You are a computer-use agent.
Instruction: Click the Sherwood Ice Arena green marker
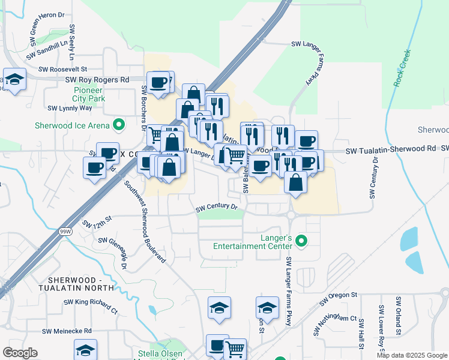(x=119, y=125)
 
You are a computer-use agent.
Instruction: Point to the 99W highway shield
(x=64, y=231)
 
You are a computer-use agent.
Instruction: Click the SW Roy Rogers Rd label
(x=97, y=79)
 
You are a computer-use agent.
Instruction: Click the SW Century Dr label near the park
(x=217, y=208)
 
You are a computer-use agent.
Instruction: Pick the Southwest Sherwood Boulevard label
(x=144, y=220)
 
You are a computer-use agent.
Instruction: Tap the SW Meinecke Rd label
(x=67, y=331)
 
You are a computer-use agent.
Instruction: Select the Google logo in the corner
(x=20, y=353)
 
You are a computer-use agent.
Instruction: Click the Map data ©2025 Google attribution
(x=412, y=355)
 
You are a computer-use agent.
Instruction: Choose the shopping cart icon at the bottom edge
(x=235, y=348)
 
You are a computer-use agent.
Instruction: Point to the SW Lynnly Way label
(x=70, y=108)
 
